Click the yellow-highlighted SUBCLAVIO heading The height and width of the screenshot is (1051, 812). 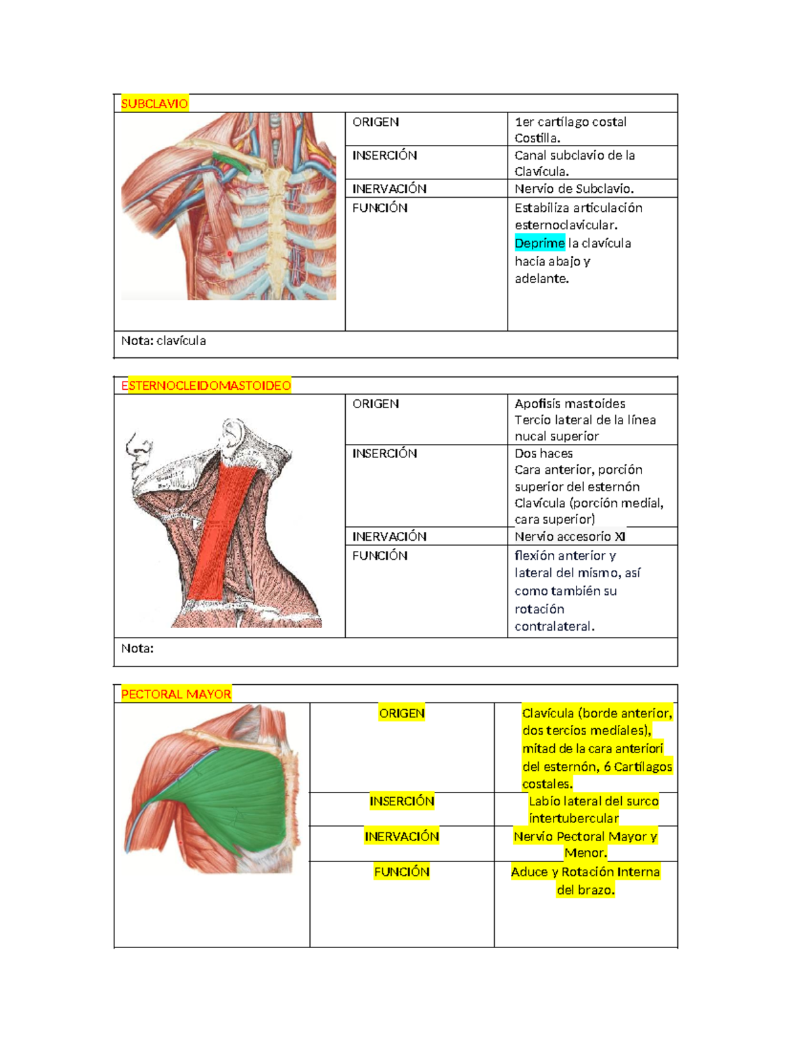pos(154,104)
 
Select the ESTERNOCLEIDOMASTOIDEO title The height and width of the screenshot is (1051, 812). pos(206,386)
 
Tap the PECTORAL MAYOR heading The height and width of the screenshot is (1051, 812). pos(176,694)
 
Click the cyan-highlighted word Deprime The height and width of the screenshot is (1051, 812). pos(540,243)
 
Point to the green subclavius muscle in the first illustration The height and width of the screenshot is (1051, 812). pos(232,163)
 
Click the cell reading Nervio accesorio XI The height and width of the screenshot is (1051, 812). pos(570,537)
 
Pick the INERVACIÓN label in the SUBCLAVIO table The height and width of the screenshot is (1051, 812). pos(389,189)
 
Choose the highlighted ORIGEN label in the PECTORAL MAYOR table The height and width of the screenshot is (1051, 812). pos(402,713)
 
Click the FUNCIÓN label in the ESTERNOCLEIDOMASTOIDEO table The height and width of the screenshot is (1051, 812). pos(380,556)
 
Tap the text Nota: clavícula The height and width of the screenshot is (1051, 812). pos(164,341)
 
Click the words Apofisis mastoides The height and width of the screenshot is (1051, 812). pos(570,404)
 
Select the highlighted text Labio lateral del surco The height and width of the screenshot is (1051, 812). pos(593,801)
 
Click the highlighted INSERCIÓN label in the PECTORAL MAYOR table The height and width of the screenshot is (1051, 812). pos(402,801)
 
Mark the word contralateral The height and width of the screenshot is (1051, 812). pos(554,627)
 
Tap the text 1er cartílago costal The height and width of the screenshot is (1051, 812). pos(570,122)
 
